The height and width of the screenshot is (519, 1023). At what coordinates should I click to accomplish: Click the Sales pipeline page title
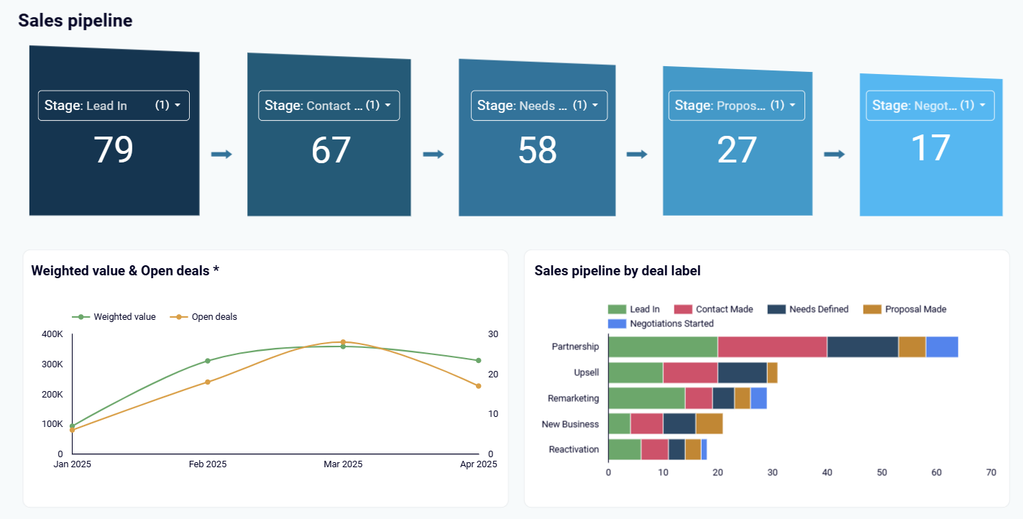(x=75, y=21)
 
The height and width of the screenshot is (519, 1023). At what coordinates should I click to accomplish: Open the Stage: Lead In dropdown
(x=114, y=106)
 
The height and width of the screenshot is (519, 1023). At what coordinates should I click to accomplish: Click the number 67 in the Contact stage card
(x=331, y=150)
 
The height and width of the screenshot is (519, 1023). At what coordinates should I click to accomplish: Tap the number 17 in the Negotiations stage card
(x=930, y=147)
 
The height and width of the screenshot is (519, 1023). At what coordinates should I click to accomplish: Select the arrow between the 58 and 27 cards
(x=637, y=155)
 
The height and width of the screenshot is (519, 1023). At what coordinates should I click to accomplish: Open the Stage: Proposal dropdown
(x=736, y=106)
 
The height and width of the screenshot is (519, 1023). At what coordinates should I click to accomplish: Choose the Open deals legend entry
(x=214, y=317)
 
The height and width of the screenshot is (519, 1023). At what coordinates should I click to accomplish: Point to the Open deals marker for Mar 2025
(x=343, y=342)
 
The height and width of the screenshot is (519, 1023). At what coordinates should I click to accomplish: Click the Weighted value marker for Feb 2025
(x=208, y=361)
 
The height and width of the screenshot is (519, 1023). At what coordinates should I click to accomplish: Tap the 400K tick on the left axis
(x=52, y=334)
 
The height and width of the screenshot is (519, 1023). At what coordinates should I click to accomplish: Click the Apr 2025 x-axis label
(x=478, y=464)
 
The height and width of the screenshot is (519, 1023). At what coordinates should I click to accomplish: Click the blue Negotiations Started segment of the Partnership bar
(x=942, y=346)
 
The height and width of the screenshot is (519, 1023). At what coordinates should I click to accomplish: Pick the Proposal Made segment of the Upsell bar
(x=772, y=372)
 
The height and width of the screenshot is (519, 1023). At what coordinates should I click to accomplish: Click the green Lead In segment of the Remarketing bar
(x=646, y=398)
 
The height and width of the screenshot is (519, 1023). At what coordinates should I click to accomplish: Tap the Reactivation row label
(x=574, y=449)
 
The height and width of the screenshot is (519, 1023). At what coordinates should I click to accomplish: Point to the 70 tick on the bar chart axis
(x=991, y=472)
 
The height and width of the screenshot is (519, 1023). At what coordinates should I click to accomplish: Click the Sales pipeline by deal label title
(x=617, y=271)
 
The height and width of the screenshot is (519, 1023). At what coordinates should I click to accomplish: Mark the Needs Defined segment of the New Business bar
(x=679, y=424)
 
